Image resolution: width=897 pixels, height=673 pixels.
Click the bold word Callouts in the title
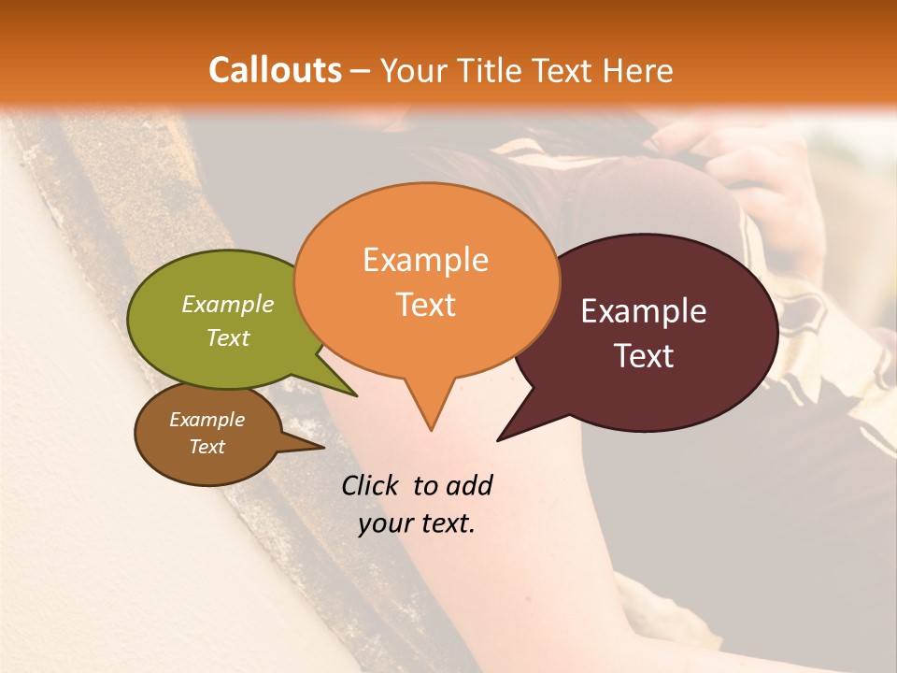pos(275,70)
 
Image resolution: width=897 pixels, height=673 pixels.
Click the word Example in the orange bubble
pos(425,260)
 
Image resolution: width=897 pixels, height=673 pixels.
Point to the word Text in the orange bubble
pos(425,305)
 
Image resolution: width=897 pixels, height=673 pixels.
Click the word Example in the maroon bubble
pos(644,311)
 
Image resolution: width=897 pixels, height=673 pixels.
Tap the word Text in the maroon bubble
pos(644,356)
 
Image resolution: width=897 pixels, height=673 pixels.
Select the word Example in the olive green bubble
pos(228,304)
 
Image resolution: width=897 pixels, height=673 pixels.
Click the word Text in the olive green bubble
pos(228,337)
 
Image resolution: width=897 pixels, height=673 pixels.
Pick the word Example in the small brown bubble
pos(206,420)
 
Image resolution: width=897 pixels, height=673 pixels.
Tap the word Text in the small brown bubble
pos(206,447)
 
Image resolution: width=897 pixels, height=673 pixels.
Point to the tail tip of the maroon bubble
pos(498,439)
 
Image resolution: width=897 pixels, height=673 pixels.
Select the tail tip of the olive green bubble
pos(356,395)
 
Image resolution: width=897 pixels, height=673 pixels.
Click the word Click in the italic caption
pos(372,485)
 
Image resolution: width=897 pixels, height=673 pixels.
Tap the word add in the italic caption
pos(468,485)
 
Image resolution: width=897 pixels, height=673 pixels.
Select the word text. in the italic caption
pos(445,523)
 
